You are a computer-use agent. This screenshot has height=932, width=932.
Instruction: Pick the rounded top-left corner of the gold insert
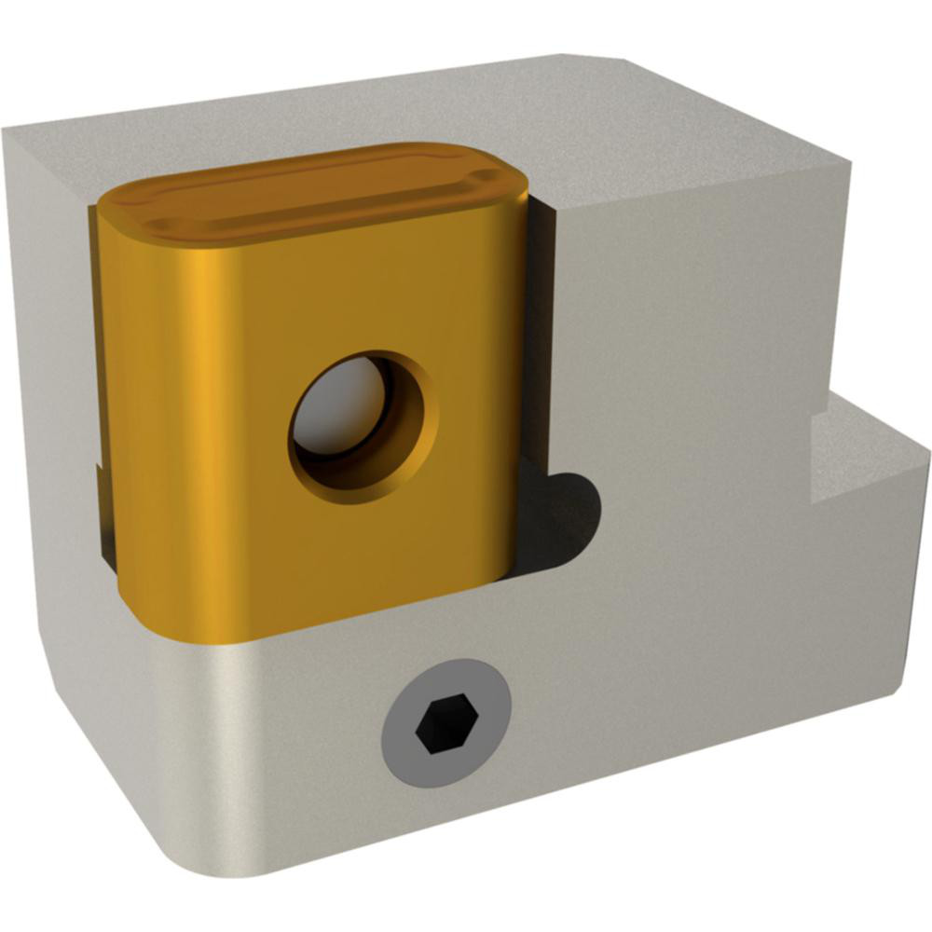(x=116, y=200)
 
